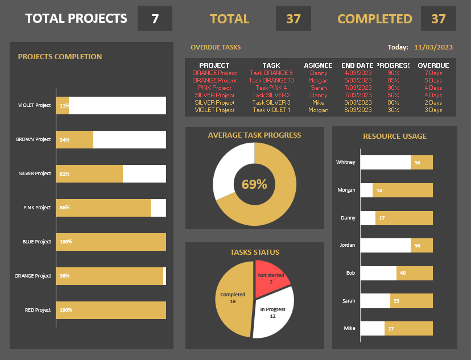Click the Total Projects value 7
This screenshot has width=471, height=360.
click(x=155, y=18)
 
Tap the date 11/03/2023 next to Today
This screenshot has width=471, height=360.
click(x=433, y=47)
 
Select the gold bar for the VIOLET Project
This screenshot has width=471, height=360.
click(x=62, y=105)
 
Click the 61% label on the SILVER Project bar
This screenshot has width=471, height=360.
click(x=64, y=173)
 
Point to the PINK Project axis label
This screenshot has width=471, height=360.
click(x=37, y=208)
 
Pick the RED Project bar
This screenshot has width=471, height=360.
click(x=111, y=310)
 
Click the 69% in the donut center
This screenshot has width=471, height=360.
click(x=254, y=184)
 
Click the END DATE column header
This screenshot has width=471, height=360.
click(x=357, y=65)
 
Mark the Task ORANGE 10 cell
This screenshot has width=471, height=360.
click(x=271, y=80)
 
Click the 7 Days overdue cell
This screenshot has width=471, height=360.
click(x=433, y=73)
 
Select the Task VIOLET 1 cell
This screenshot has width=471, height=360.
click(x=271, y=110)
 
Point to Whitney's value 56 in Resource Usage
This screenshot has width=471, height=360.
click(x=417, y=163)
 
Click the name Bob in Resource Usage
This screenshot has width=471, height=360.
click(x=350, y=273)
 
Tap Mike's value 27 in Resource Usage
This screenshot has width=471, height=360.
click(x=391, y=329)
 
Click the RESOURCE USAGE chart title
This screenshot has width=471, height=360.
click(x=395, y=136)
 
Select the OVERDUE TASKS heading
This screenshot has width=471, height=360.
click(x=216, y=47)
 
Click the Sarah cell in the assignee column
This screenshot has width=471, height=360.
click(x=319, y=88)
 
